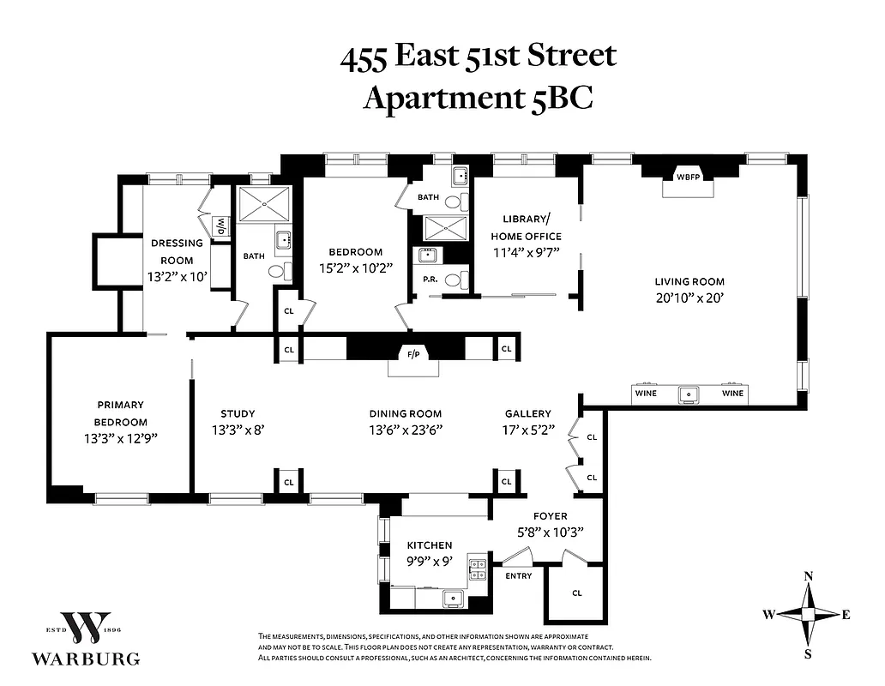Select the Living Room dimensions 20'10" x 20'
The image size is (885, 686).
(x=689, y=298)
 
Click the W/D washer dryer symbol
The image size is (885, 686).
(x=221, y=226)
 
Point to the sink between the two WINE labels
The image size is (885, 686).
(x=689, y=394)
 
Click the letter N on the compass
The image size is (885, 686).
(x=808, y=576)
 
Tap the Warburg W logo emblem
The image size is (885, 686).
(x=86, y=629)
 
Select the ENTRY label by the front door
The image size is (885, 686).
(x=518, y=575)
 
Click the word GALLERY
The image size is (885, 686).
(x=527, y=413)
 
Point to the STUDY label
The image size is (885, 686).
(x=238, y=413)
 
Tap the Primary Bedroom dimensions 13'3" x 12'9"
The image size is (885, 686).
(x=120, y=438)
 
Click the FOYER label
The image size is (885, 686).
(x=549, y=516)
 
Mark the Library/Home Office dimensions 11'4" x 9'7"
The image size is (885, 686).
(x=526, y=253)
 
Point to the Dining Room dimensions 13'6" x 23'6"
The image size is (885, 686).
(x=406, y=430)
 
